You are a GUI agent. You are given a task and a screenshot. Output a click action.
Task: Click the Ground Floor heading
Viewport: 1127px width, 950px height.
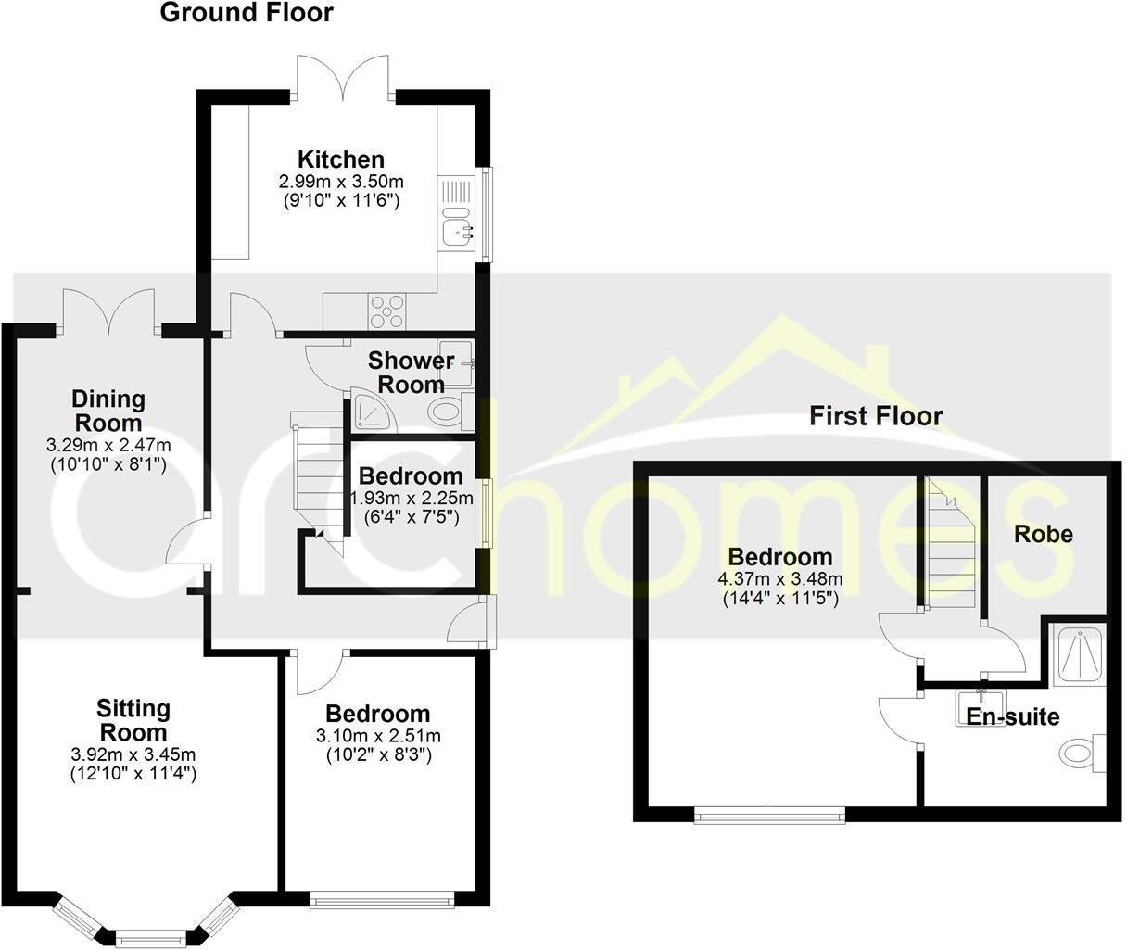coord(247,13)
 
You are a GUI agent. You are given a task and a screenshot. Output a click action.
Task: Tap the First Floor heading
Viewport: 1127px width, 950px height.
coord(876,415)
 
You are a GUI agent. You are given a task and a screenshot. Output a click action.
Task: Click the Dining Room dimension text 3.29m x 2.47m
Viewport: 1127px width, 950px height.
coord(108,446)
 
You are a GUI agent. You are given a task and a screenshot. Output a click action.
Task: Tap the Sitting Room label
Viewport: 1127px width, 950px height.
coord(134,720)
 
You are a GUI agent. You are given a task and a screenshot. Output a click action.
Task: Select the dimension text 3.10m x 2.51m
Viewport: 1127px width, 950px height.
coord(378,736)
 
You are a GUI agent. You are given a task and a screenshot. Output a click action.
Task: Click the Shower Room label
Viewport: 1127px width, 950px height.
coord(411,372)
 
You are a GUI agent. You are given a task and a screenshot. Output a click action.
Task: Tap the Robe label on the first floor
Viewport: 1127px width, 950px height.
coord(1044,534)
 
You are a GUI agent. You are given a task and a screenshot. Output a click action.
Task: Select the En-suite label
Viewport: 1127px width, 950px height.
coord(1012,716)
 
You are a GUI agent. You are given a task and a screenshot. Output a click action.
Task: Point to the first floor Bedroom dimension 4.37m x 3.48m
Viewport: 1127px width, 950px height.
coord(780,579)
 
